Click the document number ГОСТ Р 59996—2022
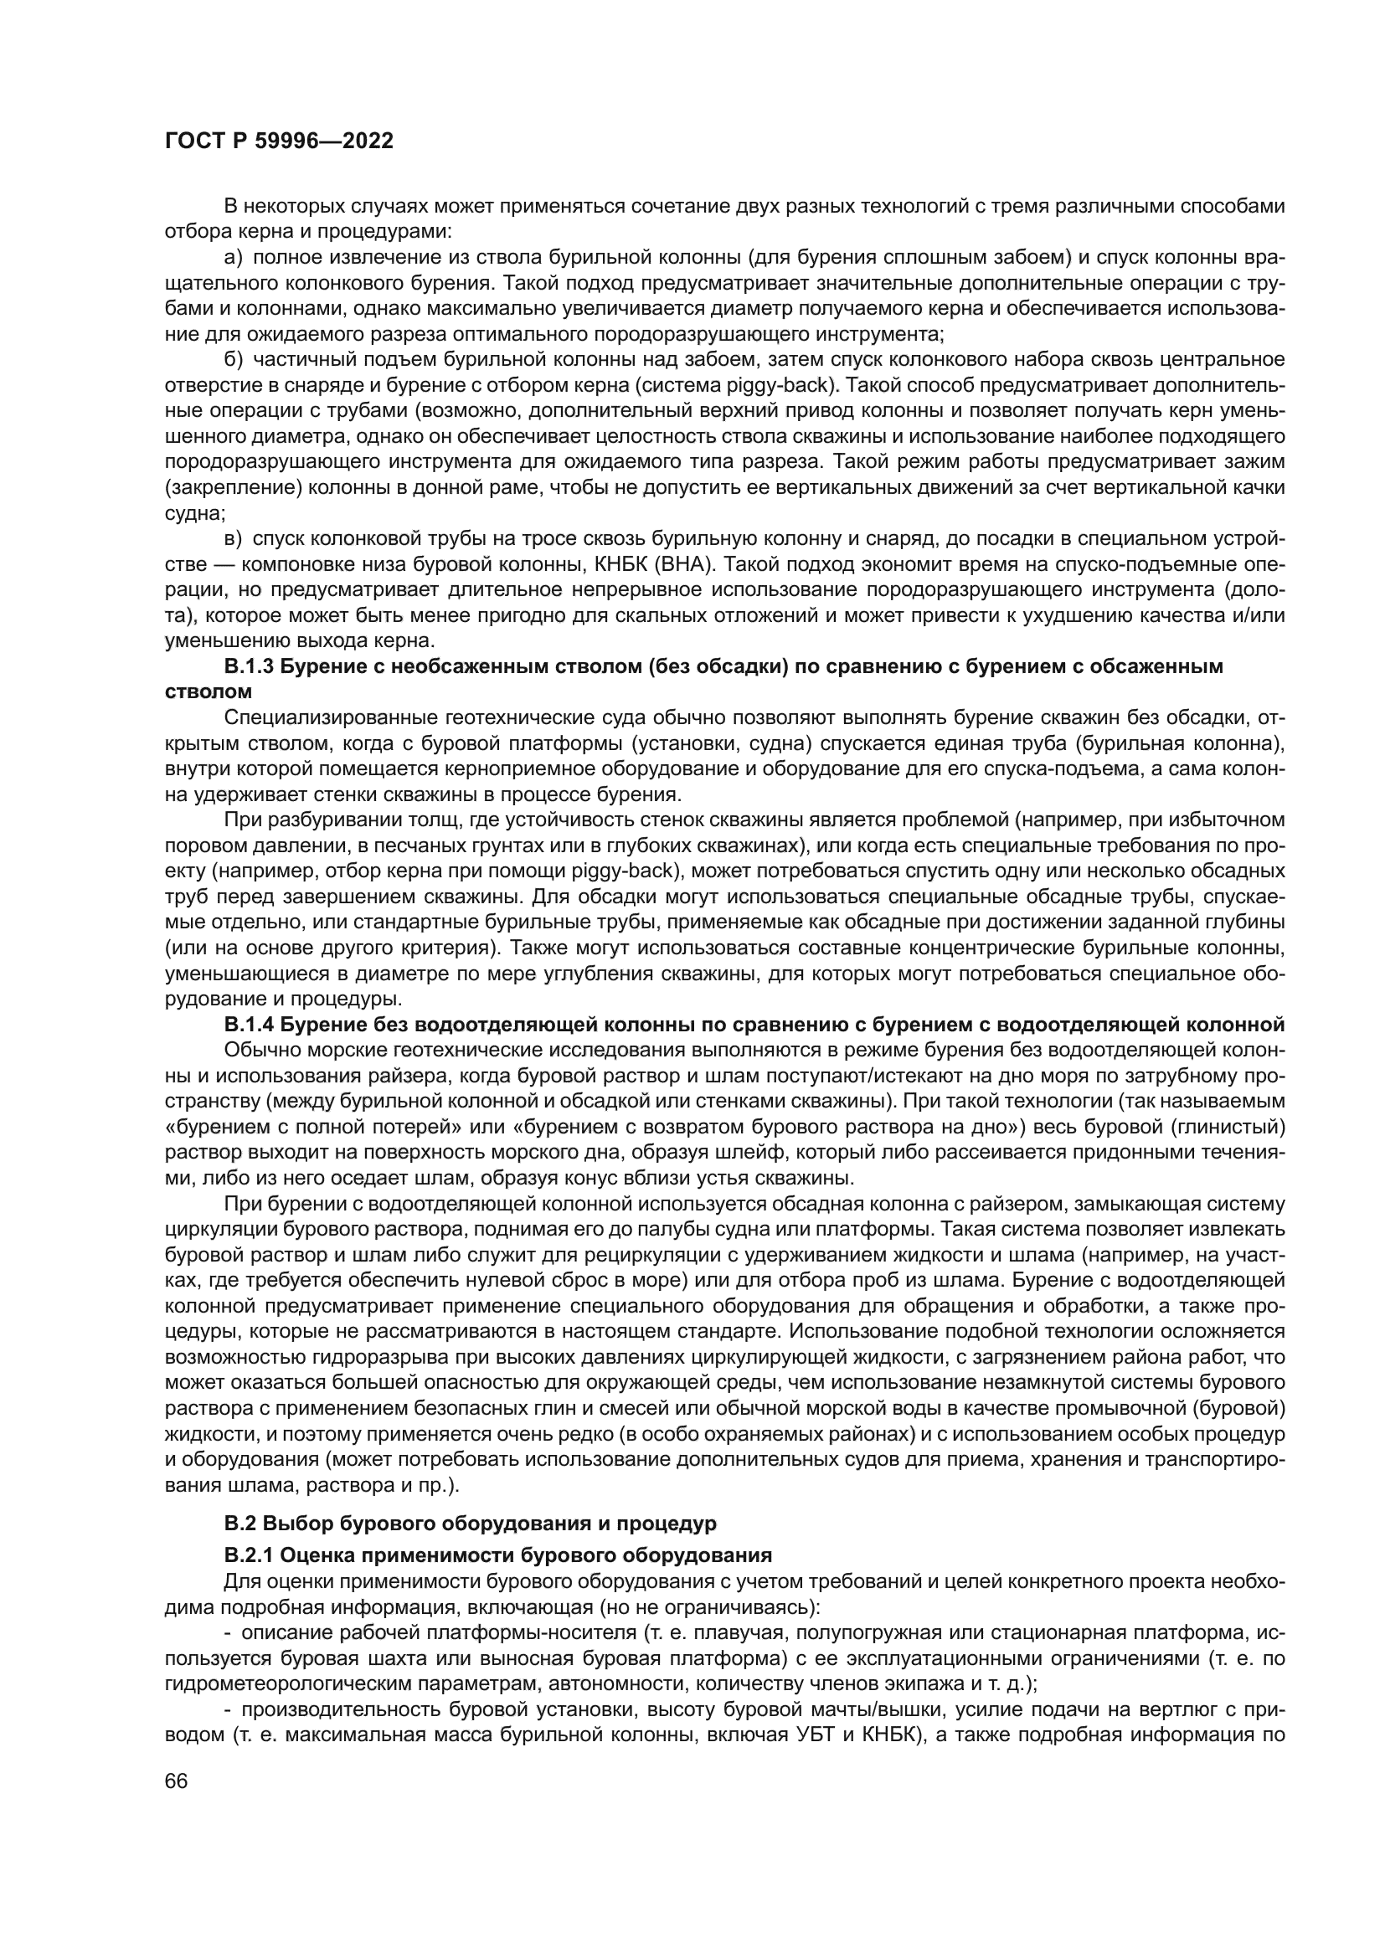[279, 141]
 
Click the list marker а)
[233, 257]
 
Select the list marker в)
[233, 538]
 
